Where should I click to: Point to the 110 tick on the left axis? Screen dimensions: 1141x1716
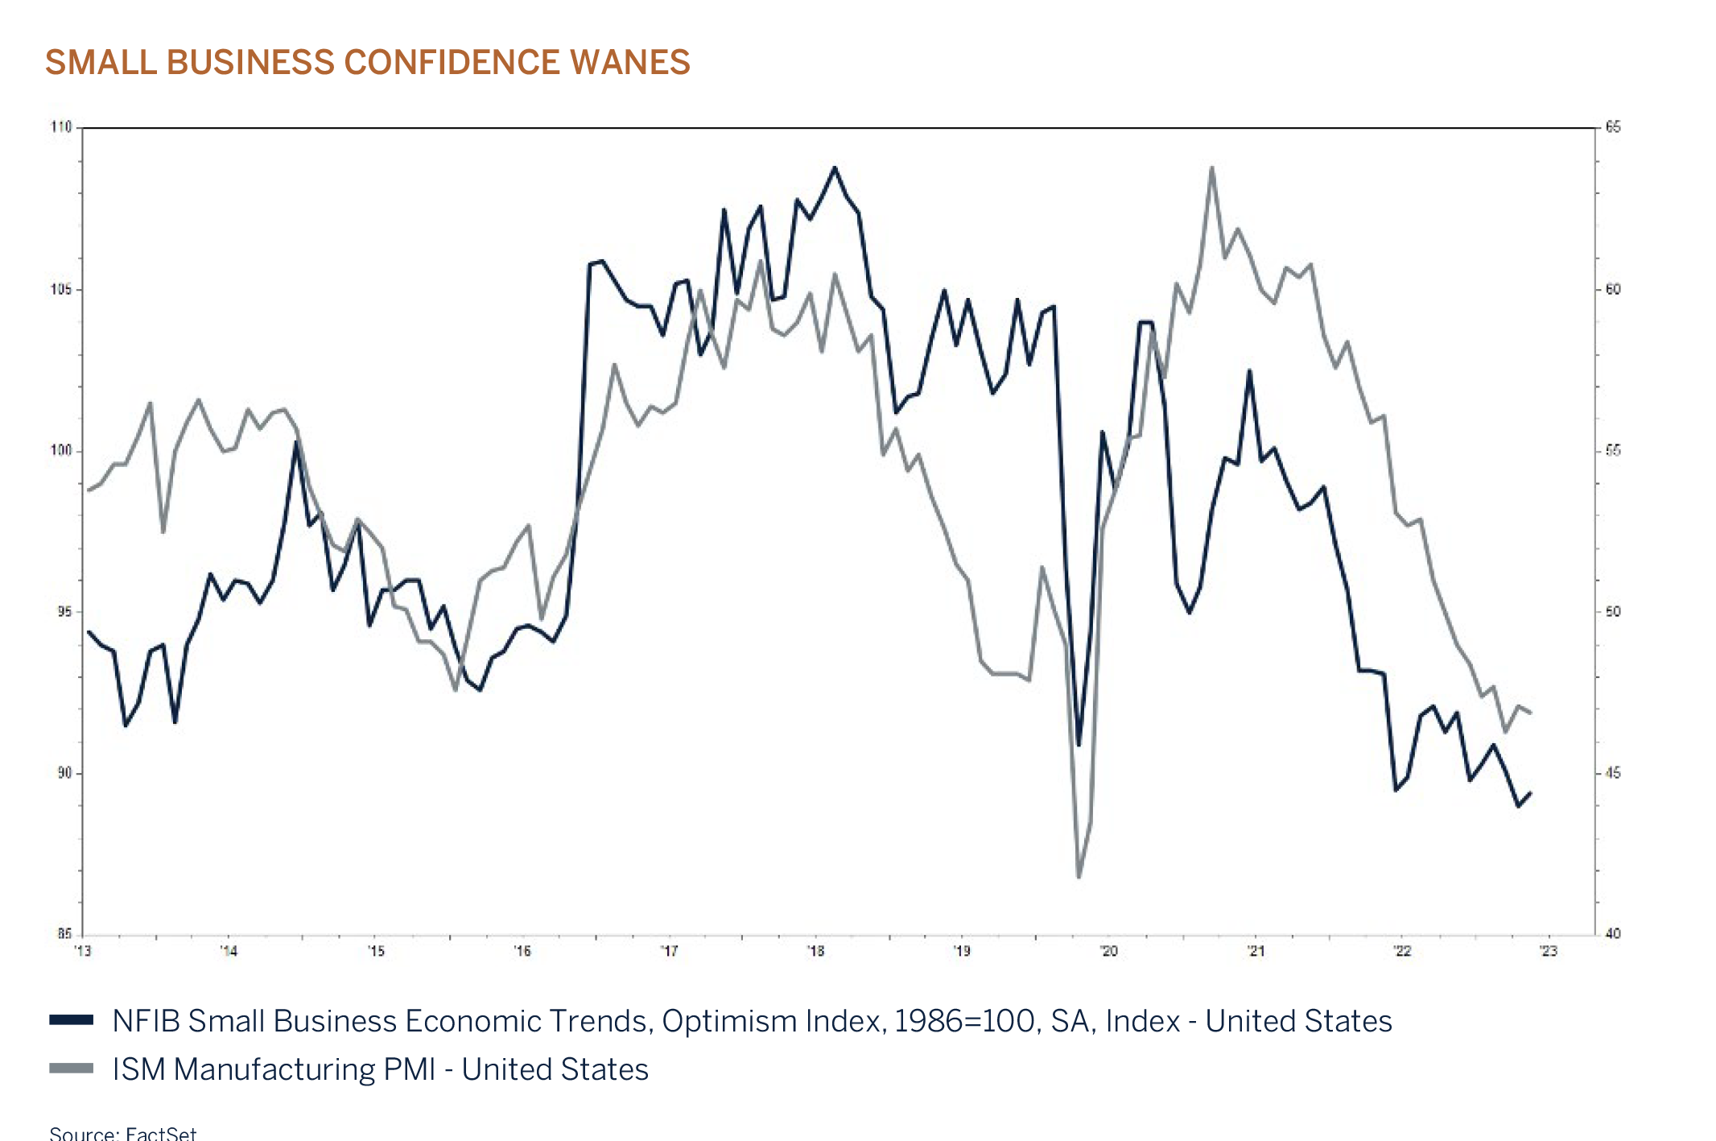click(x=61, y=127)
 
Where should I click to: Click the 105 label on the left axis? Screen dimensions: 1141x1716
click(x=61, y=289)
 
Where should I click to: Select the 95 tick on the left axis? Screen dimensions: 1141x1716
click(x=64, y=612)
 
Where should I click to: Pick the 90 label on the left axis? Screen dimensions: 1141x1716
click(x=64, y=773)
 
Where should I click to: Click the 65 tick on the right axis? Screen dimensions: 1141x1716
click(x=1613, y=127)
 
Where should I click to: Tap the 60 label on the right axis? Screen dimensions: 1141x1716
click(x=1613, y=289)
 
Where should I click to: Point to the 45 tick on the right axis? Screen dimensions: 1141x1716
click(x=1613, y=773)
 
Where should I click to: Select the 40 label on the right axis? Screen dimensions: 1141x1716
click(x=1613, y=934)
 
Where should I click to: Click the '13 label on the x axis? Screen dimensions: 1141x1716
click(x=83, y=952)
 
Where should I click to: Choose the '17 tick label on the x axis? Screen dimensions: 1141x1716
click(x=669, y=952)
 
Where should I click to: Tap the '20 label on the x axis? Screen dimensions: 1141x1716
click(x=1109, y=952)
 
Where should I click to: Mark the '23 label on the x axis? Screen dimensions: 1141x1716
click(x=1548, y=952)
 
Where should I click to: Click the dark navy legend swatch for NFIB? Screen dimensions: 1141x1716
click(x=72, y=1020)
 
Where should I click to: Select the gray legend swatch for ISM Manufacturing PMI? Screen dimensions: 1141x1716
click(x=72, y=1069)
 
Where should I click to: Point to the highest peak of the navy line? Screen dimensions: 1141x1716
click(x=835, y=167)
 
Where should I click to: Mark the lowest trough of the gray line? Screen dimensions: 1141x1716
click(x=1079, y=877)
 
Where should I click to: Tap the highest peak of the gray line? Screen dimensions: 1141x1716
click(x=1211, y=167)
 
